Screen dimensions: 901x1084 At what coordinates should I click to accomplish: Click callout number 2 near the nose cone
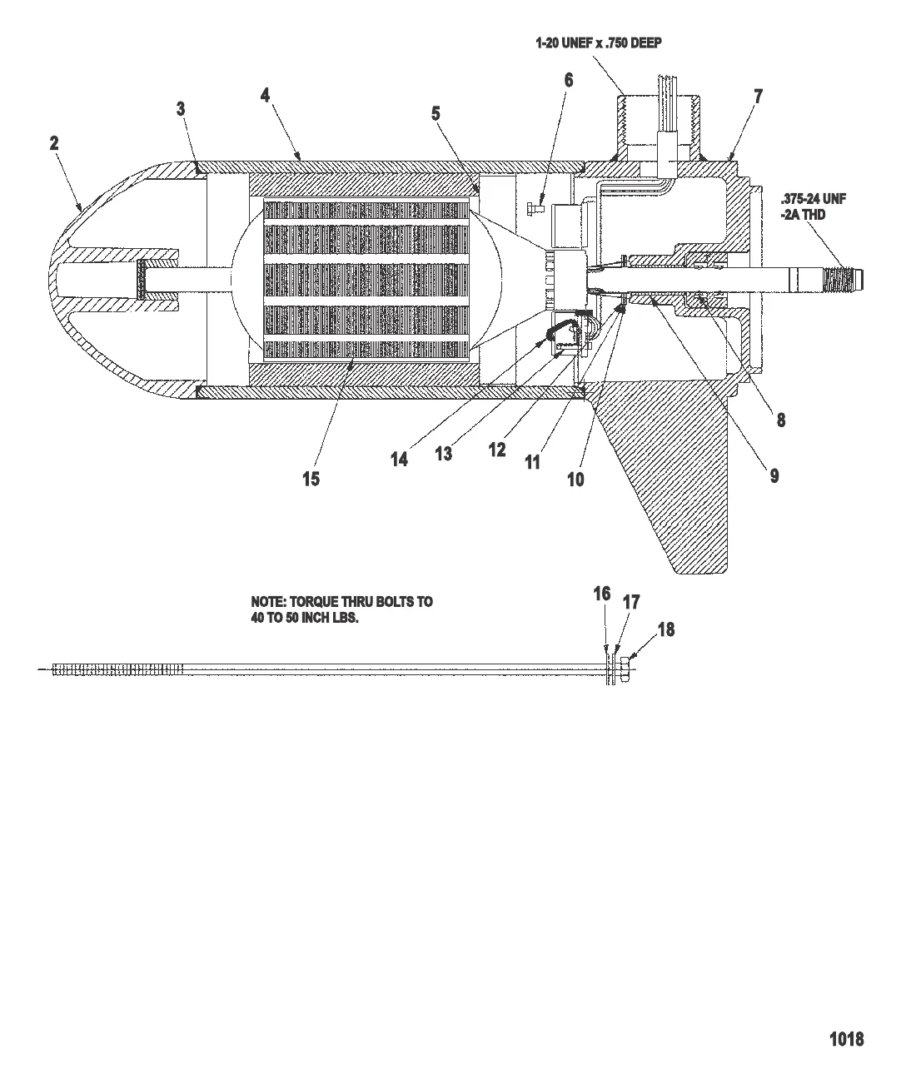pos(54,143)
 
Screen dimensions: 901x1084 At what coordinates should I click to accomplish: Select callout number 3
pos(180,109)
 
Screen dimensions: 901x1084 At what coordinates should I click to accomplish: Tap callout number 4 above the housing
pos(265,96)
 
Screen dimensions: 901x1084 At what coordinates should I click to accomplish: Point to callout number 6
pos(569,80)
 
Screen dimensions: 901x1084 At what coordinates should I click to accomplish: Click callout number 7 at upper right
pos(759,96)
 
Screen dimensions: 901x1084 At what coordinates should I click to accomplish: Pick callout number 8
pos(781,420)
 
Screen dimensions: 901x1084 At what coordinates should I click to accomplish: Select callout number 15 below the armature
pos(311,479)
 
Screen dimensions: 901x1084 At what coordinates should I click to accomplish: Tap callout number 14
pos(399,459)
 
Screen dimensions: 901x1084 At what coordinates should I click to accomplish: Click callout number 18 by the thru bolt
pos(666,629)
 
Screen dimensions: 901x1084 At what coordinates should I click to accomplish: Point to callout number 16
pos(602,594)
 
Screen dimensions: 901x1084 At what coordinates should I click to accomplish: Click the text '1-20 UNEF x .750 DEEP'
pos(599,43)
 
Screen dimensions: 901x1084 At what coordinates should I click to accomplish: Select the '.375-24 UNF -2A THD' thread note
pos(813,206)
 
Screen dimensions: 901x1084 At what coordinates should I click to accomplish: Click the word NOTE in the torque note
pos(268,602)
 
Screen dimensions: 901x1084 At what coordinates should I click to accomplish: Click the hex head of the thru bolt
pos(625,669)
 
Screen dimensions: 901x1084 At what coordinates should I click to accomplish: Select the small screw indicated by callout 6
pos(535,209)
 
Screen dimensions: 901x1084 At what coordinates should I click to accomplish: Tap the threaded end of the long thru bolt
pos(117,669)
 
